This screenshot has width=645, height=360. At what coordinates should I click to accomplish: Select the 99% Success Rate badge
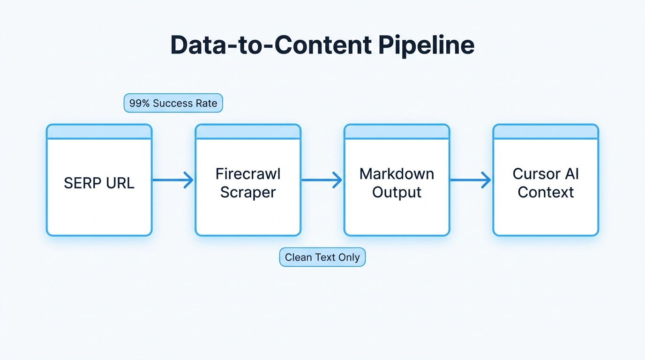point(173,103)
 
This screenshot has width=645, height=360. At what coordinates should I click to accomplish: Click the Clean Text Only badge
point(322,257)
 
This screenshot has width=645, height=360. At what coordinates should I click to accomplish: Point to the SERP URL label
point(99,183)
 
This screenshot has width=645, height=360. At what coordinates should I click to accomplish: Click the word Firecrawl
point(247,174)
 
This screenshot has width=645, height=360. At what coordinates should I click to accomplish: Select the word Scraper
point(247,192)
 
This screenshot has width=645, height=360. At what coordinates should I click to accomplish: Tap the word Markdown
point(397,174)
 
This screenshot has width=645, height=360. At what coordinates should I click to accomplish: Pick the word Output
point(397,192)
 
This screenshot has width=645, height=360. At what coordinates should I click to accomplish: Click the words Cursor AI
point(546,174)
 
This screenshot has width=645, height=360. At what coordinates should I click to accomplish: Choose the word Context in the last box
point(546,192)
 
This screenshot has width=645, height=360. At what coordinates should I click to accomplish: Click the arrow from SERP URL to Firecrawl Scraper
point(173,180)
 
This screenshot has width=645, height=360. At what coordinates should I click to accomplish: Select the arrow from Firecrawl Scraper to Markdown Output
point(322,180)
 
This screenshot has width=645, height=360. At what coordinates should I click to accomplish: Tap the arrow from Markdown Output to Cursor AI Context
point(471,180)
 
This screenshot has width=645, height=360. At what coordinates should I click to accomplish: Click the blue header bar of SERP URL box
point(99,132)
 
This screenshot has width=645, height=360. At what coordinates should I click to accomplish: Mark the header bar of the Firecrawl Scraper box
point(247,132)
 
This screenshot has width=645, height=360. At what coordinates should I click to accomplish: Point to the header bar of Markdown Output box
point(397,132)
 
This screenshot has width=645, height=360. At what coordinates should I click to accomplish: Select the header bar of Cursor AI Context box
point(546,132)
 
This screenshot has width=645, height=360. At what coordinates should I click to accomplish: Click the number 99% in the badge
point(139,103)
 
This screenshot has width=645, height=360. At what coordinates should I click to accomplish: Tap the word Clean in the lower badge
point(297,257)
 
